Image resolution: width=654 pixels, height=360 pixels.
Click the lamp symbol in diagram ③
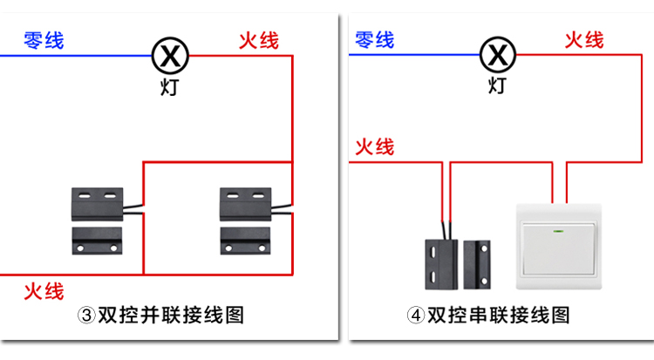(x=170, y=56)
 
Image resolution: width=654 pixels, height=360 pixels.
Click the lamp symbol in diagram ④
(x=498, y=55)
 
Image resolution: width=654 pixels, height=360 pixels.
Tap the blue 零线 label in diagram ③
(x=44, y=40)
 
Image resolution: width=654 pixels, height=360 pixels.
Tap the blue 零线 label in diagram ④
(x=375, y=39)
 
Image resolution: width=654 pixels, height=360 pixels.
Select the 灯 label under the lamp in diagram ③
(x=170, y=87)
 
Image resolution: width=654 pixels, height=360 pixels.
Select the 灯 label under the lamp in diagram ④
(x=497, y=85)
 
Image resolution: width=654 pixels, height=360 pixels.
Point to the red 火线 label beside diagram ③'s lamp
(x=259, y=41)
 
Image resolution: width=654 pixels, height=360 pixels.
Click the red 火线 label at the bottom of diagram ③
(x=44, y=291)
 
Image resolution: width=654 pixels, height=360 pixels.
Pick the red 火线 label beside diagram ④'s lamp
(x=584, y=40)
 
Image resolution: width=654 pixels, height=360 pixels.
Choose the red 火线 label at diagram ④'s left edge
(x=375, y=147)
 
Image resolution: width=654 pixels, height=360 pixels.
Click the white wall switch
(x=559, y=247)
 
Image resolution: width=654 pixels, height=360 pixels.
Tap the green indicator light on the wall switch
(x=558, y=231)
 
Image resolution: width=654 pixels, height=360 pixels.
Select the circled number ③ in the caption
(x=86, y=316)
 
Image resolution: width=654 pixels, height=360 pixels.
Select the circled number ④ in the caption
(x=416, y=316)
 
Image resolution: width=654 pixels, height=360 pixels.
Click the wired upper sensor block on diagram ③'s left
(x=97, y=204)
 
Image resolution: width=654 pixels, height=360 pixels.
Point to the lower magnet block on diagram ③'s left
(x=97, y=241)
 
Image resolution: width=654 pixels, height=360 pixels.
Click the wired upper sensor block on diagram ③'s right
(x=246, y=204)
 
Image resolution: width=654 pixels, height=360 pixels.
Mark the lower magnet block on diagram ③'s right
(x=245, y=241)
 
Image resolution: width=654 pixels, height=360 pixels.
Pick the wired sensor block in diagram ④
(x=441, y=264)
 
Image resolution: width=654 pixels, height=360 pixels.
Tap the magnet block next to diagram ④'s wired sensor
(x=477, y=264)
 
